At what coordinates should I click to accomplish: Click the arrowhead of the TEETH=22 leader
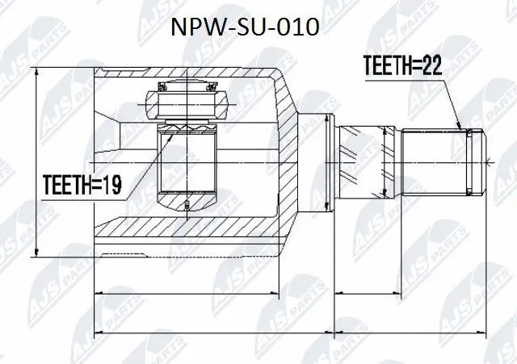tap(461, 128)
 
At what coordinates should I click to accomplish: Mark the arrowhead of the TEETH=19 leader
tap(170, 134)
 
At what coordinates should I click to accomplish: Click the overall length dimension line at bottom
tap(291, 331)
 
